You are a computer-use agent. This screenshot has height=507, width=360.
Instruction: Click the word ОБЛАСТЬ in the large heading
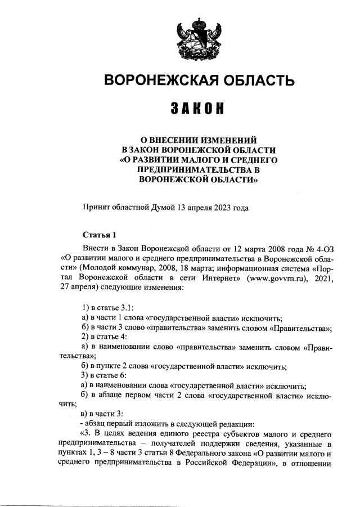coord(252,80)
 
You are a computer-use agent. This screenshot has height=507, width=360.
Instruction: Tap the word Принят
coord(96,207)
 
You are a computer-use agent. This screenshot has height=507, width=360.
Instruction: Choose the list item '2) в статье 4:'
coord(105,336)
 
